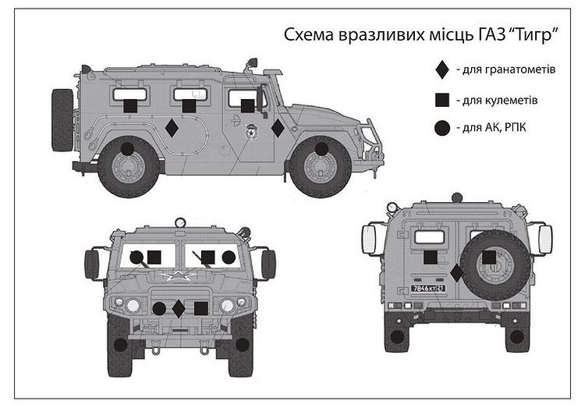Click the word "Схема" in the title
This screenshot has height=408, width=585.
(x=309, y=35)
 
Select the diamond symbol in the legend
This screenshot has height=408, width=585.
(x=442, y=69)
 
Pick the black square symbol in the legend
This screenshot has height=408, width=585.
(x=442, y=100)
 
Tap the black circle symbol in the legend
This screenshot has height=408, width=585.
(x=442, y=128)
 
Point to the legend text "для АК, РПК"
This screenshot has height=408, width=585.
(x=491, y=128)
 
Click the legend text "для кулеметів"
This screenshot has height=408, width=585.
(x=497, y=101)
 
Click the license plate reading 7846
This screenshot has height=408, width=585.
(x=428, y=289)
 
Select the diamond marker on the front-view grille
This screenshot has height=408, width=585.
(x=179, y=308)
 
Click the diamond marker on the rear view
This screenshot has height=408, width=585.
(x=456, y=273)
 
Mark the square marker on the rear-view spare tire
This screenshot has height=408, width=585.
(x=489, y=257)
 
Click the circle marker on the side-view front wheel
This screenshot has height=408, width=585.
(x=321, y=149)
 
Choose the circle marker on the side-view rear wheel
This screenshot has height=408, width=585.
(x=127, y=149)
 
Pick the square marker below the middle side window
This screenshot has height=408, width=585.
(x=189, y=105)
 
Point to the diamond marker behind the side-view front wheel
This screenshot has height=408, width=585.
(x=278, y=128)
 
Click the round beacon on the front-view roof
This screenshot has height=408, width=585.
(x=180, y=222)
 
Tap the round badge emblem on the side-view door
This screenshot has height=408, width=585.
(x=250, y=133)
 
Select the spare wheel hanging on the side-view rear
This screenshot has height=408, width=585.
(x=62, y=120)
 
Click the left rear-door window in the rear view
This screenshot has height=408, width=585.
(x=430, y=237)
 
